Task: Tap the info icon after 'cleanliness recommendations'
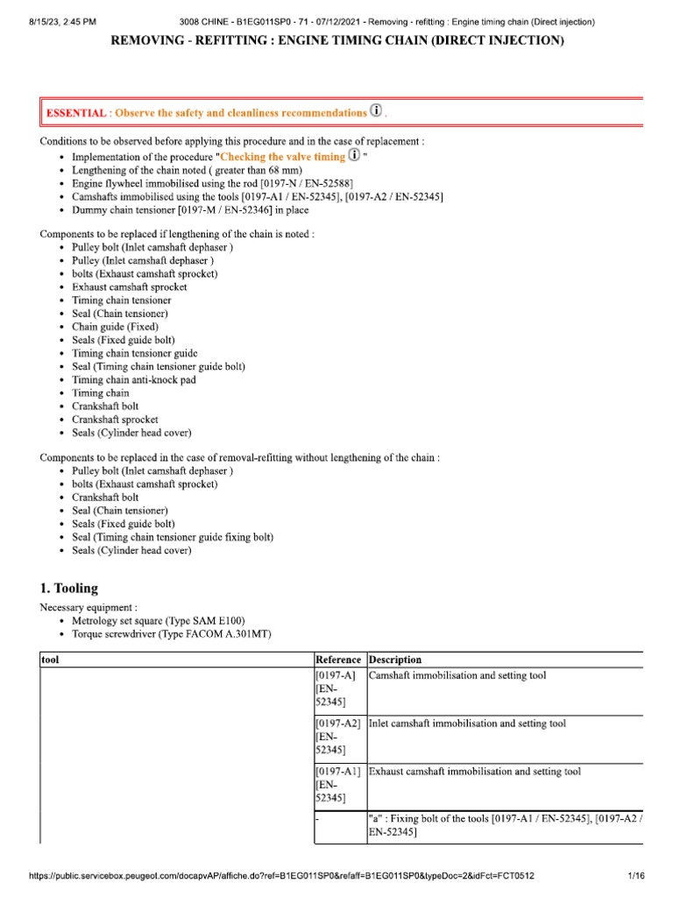(377, 111)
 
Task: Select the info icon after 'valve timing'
(354, 156)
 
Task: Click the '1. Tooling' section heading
(69, 588)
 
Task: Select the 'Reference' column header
(337, 660)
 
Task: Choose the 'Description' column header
(395, 660)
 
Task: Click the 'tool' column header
(51, 660)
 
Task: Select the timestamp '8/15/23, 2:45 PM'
(52, 21)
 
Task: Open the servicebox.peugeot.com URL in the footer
(281, 876)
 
